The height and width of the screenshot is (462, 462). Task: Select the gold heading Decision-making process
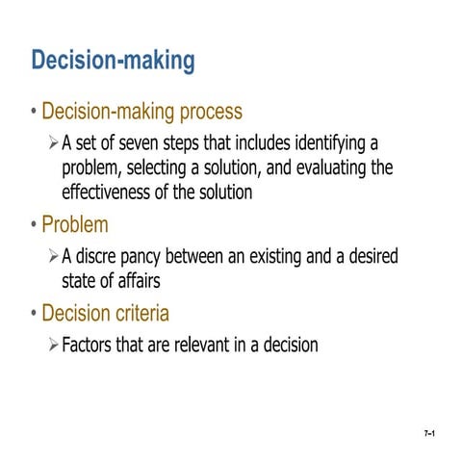(x=141, y=112)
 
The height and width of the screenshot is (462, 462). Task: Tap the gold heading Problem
(x=75, y=225)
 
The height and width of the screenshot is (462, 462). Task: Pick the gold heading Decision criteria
(x=106, y=314)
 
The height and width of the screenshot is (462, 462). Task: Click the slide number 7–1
(x=430, y=436)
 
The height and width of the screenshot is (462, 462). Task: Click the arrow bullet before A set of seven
(x=53, y=144)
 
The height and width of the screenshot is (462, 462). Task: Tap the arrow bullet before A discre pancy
(x=53, y=258)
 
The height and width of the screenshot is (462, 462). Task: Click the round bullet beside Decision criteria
(x=34, y=314)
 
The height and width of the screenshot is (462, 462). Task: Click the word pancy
(x=142, y=258)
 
